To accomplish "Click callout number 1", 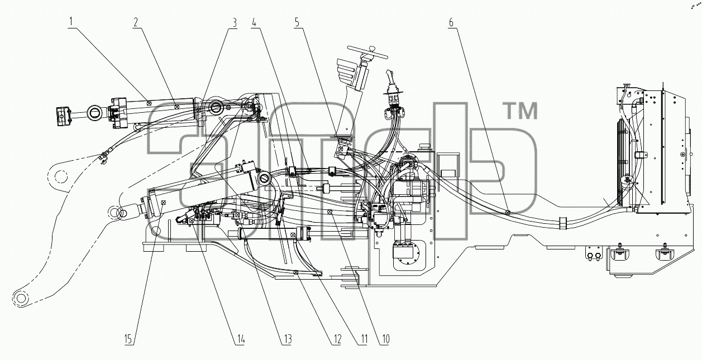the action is pos(71,22).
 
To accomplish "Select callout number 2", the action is pos(136,22).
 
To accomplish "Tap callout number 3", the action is pos(235,22).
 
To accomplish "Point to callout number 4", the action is pos(254,22).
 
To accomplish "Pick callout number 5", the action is pos(297,22).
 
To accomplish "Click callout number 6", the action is pos(451,22).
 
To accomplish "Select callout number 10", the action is pos(385,339).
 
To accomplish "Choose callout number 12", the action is pos(337,339).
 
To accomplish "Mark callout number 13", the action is pos(286,339).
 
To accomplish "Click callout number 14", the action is pos(240,339).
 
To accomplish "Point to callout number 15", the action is pos(128,339).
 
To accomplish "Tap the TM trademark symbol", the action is pos(520,111).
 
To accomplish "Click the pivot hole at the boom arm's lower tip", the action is pos(21,297).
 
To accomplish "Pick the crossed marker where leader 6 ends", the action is pos(508,213).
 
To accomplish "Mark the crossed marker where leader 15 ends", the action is pos(163,203).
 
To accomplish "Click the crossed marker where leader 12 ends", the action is pos(295,272).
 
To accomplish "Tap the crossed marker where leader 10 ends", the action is pos(329,212).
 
